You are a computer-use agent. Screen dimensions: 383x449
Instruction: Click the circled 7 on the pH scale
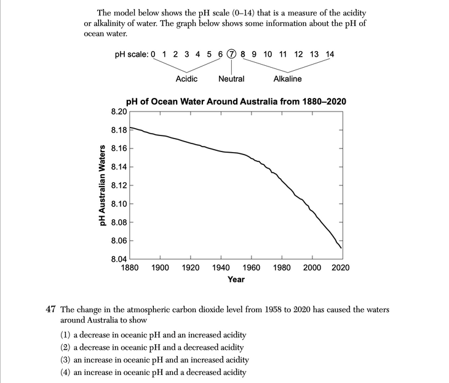pos(231,54)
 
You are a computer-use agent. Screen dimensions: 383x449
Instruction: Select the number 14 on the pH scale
pos(330,54)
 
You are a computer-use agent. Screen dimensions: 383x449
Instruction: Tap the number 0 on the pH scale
pos(153,54)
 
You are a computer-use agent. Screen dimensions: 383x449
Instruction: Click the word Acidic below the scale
pos(186,79)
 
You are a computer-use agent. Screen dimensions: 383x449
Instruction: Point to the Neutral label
pos(231,79)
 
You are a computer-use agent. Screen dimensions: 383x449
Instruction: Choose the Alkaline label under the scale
pos(287,79)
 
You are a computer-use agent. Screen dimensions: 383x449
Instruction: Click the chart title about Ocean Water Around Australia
pos(236,102)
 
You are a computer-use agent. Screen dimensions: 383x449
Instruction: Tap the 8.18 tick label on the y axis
pos(119,130)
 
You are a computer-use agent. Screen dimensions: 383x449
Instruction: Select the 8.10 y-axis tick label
pos(119,204)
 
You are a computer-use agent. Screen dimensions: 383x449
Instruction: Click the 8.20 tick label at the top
pos(119,111)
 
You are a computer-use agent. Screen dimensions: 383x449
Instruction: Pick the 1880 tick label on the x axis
pos(130,267)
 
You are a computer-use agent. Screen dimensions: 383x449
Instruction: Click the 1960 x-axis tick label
pos(251,267)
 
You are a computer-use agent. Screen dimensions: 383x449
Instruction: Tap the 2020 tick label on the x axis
pos(340,267)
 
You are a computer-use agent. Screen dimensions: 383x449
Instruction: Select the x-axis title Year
pos(236,280)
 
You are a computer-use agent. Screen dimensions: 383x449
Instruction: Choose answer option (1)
pos(159,334)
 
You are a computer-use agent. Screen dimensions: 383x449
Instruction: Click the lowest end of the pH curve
pos(341,248)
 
